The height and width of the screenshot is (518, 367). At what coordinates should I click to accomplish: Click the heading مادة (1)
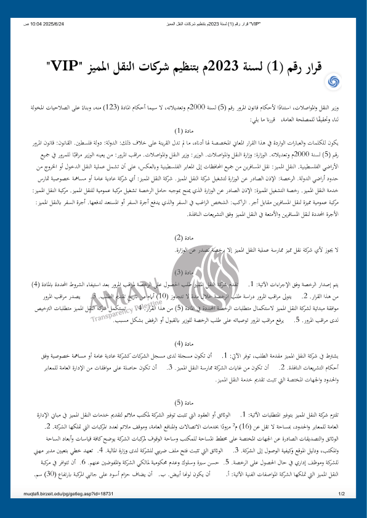(x=183, y=130)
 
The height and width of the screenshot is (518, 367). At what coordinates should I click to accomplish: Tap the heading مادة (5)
(x=183, y=402)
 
